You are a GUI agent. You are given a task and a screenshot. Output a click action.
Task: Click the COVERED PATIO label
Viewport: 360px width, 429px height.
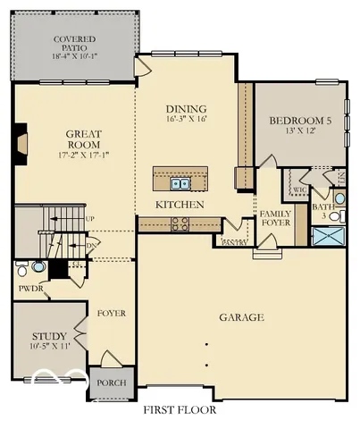75,40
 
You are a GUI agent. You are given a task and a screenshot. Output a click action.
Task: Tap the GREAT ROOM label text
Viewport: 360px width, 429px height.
82,139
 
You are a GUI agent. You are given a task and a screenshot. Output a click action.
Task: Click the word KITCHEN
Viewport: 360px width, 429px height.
180,205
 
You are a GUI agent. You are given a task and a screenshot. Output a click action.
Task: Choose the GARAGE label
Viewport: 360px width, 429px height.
242,317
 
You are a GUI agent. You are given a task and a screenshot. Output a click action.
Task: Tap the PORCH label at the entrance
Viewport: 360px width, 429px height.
112,383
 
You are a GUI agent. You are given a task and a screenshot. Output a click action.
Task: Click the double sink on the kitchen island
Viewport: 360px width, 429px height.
180,184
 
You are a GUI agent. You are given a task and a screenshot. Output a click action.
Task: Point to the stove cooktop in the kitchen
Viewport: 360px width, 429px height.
180,224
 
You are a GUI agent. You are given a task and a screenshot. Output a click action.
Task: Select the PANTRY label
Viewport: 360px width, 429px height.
235,242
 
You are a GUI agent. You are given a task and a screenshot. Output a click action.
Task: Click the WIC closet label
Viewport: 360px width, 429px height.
299,190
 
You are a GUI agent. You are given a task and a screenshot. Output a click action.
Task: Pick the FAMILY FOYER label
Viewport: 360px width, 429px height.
275,220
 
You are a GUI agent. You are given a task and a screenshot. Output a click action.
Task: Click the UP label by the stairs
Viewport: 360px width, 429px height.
89,218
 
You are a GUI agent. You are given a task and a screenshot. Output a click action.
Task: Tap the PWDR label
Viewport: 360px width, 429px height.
26,289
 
